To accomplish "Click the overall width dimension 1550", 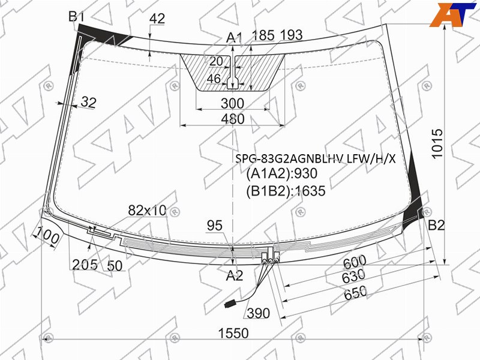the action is point(233,334).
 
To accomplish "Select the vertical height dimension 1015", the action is point(437,144).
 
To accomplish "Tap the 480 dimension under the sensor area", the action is point(233,119).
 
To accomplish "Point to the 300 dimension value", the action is point(233,103).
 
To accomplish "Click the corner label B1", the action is point(76,17).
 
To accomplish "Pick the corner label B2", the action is point(436,226).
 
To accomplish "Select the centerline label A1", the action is point(234,38).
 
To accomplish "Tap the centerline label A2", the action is point(234,276).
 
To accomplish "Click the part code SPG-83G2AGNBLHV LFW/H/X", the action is point(316,158).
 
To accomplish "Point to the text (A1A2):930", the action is point(281,173).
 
